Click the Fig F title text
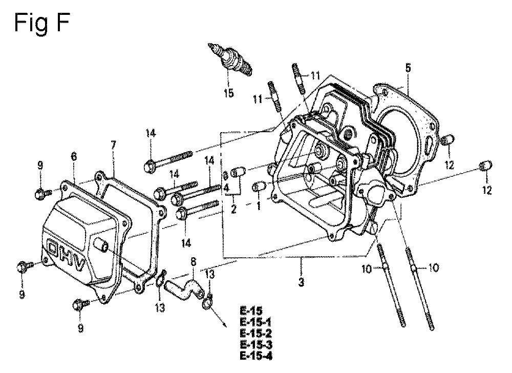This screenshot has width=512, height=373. click(41, 24)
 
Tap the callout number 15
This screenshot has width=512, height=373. click(229, 93)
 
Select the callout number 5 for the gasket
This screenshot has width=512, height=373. click(408, 68)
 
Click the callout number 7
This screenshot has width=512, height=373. click(113, 145)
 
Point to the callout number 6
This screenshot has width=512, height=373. click(74, 156)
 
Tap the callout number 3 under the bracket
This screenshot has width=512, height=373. click(301, 282)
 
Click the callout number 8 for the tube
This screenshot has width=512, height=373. click(194, 262)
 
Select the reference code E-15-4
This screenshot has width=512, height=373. click(255, 356)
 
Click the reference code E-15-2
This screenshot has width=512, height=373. click(255, 334)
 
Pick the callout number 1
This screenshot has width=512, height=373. click(259, 206)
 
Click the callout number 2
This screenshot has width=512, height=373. click(233, 209)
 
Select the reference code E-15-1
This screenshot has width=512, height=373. click(255, 322)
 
